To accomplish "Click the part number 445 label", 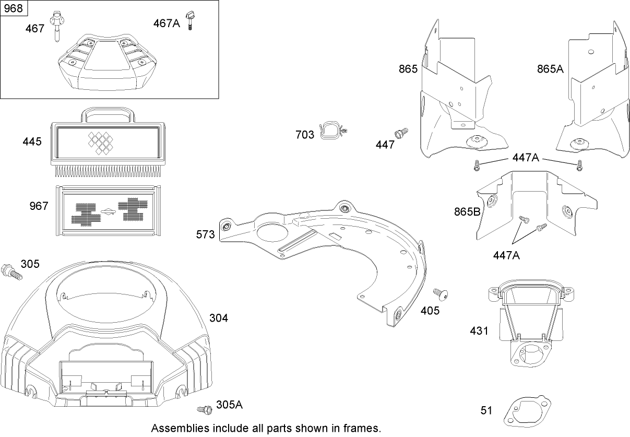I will (x=32, y=141).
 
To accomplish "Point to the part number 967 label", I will (x=39, y=206).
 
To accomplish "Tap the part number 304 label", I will (x=219, y=317).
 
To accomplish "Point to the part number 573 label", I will (x=206, y=235).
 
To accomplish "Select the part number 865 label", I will (x=409, y=68).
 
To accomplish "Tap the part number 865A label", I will (x=551, y=68).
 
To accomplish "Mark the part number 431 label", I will (x=479, y=330).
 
